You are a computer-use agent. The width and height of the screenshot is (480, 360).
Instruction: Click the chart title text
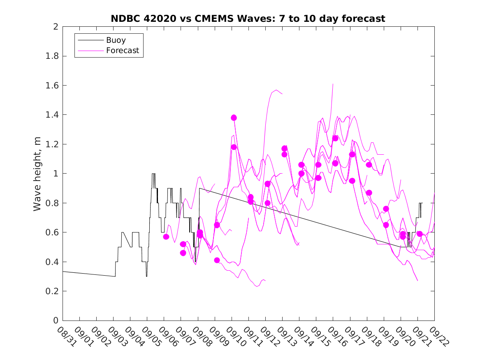248,19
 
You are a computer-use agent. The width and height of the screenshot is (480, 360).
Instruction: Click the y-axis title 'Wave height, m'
37,174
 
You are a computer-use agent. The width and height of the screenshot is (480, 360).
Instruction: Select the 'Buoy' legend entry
116,40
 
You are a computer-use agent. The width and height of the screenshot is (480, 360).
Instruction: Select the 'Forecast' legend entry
123,51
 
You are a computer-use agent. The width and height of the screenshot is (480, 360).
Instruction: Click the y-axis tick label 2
56,27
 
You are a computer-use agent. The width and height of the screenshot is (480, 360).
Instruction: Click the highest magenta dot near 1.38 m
234,118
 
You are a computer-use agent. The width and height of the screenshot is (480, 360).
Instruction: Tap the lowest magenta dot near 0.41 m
217,260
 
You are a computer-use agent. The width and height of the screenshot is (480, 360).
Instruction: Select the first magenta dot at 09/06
166,237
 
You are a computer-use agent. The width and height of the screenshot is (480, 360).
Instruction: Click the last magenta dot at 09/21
420,234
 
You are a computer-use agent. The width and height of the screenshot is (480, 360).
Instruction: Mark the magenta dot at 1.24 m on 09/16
335,138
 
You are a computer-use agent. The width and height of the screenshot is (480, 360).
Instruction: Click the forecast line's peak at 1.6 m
333,84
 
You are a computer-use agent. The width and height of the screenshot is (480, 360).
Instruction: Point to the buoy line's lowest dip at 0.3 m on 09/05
146,276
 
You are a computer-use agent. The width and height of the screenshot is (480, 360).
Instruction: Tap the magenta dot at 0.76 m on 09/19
386,209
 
